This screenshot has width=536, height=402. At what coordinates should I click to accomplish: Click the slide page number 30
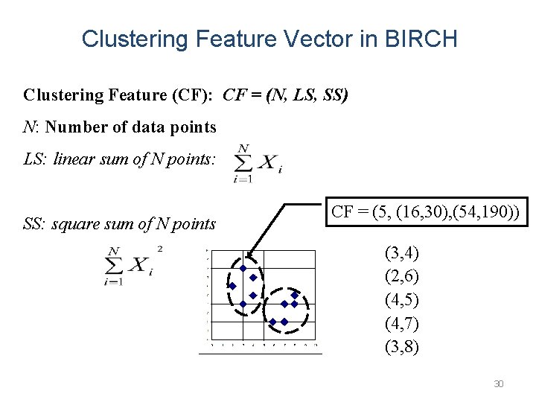click(x=499, y=384)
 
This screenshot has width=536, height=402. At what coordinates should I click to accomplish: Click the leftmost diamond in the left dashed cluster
click(x=232, y=286)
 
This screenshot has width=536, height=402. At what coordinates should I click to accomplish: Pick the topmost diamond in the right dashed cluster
click(x=295, y=295)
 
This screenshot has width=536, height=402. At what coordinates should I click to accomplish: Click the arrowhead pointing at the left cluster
click(x=250, y=255)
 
